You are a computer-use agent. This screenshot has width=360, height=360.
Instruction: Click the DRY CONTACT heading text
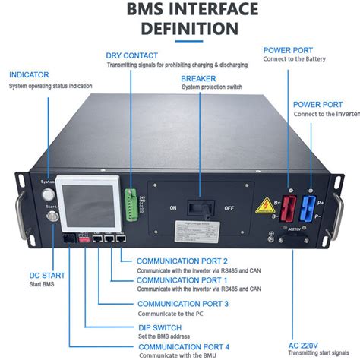coord(132,55)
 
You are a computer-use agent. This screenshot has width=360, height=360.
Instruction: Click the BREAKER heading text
coord(198,77)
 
